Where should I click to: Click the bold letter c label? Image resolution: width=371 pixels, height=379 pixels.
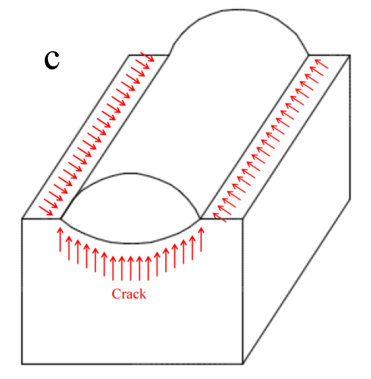pyautogui.click(x=52, y=61)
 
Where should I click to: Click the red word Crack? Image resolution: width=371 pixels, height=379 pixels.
pyautogui.click(x=129, y=294)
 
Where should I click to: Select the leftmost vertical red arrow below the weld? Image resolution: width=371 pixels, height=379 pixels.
pyautogui.click(x=60, y=239)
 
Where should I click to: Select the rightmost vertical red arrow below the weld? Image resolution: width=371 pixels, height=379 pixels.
pyautogui.click(x=201, y=239)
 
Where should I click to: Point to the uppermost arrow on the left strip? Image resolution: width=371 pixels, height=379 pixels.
pyautogui.click(x=147, y=57)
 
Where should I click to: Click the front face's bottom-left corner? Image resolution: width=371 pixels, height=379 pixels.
pyautogui.click(x=22, y=364)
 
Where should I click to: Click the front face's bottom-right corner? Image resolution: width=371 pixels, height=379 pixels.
pyautogui.click(x=243, y=364)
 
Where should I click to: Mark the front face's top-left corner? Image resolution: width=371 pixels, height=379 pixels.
pyautogui.click(x=22, y=219)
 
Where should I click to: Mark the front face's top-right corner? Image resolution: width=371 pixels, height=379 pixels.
pyautogui.click(x=243, y=219)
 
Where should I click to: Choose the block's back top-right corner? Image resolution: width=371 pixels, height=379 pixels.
pyautogui.click(x=350, y=55)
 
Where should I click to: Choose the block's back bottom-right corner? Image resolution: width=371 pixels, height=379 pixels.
pyautogui.click(x=350, y=200)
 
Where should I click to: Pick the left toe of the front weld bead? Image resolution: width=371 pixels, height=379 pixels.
pyautogui.click(x=61, y=219)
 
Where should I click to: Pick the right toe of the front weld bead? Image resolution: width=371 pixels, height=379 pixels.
pyautogui.click(x=200, y=219)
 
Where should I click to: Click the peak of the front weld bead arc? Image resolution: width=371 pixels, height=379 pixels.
pyautogui.click(x=130, y=173)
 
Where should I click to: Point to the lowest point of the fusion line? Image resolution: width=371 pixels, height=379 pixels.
pyautogui.click(x=130, y=244)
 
